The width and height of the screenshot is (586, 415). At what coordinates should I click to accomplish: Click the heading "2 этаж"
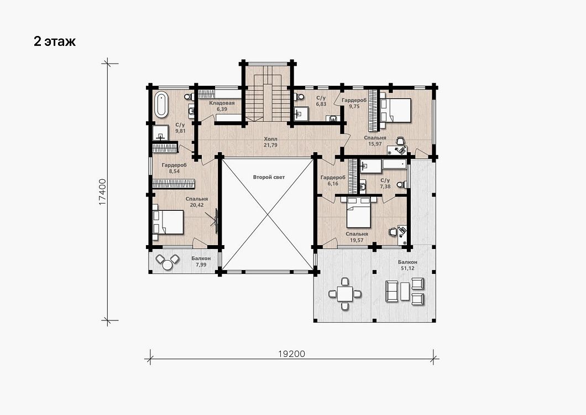pos(55,41)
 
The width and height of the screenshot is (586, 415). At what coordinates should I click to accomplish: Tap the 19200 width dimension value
pos(291,354)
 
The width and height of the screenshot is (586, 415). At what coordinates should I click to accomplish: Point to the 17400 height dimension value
pos(103,191)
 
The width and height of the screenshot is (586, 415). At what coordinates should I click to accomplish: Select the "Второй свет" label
pos(269,177)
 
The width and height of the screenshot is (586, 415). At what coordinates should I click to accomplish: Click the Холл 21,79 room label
pos(270,142)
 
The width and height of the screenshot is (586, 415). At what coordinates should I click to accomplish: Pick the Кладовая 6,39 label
pos(222,106)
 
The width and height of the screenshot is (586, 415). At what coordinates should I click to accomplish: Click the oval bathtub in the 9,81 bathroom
pos(161,103)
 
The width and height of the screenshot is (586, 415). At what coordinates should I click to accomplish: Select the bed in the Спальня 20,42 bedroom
pos(168,222)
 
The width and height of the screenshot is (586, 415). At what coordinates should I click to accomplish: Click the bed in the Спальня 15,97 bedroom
pos(395,111)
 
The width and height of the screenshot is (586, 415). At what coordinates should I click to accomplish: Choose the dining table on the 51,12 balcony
pos(345,294)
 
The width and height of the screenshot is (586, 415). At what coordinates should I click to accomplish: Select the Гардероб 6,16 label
pos(333,180)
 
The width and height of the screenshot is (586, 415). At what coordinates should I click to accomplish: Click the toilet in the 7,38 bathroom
pos(401,184)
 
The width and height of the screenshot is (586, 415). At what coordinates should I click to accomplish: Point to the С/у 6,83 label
pos(321,101)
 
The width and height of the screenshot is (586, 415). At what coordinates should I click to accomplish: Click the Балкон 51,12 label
pos(407,265)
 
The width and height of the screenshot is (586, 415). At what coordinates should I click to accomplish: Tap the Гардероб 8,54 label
pos(174,168)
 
